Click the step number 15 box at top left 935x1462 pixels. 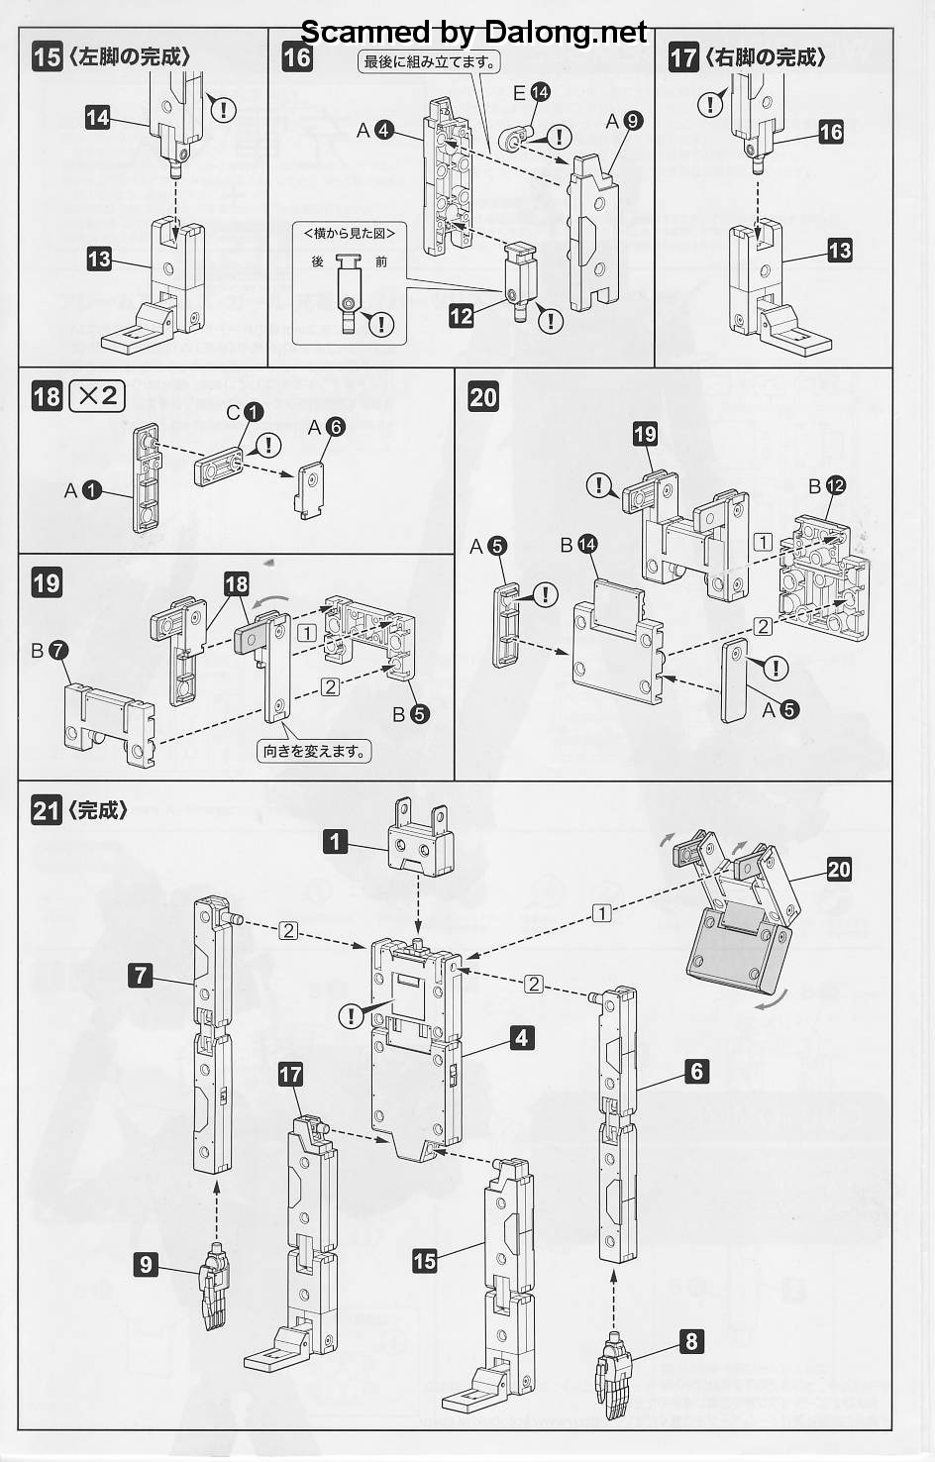click(47, 56)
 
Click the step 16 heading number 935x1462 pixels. click(297, 56)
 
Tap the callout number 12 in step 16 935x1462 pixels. click(461, 316)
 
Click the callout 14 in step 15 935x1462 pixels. click(97, 118)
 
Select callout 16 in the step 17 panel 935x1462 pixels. click(831, 131)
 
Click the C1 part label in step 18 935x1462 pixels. click(245, 411)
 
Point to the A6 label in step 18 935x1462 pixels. click(326, 427)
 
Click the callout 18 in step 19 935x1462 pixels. click(236, 584)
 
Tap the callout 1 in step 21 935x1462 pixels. click(336, 842)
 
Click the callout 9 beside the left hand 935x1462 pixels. click(147, 1264)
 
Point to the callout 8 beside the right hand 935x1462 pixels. click(691, 1341)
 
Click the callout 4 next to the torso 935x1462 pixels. click(522, 1037)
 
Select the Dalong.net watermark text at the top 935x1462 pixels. click(473, 33)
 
